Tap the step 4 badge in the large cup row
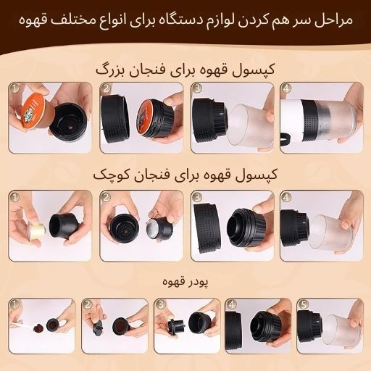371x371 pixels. [x=286, y=89]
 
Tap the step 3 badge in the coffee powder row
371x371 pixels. [x=160, y=305]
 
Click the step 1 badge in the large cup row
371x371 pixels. [x=15, y=89]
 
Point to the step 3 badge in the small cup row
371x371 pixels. [x=196, y=197]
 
